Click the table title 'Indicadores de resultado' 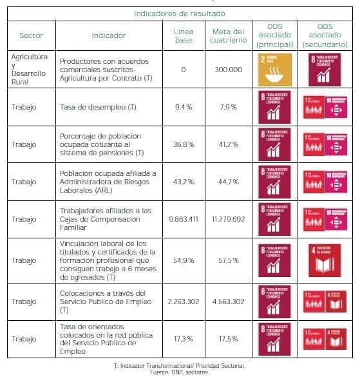[180, 13]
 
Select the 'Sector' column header [31, 36]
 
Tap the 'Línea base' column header [184, 36]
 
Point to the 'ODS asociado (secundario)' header [325, 36]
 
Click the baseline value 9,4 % [184, 107]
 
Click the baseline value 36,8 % [184, 144]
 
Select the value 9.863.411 [184, 219]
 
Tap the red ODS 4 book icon [325, 260]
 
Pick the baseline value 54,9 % [184, 260]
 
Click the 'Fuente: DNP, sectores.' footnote [180, 372]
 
